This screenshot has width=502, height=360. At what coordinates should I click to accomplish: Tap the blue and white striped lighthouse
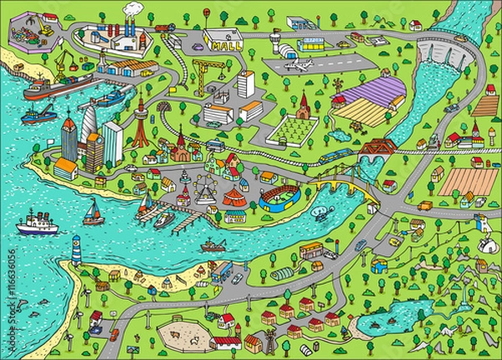(x=76, y=248)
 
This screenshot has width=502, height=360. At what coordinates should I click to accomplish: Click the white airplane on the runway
(x=297, y=64)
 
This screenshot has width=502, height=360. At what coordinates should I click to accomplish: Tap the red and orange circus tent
(x=233, y=198)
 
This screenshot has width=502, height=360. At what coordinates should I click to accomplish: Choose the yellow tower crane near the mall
(x=202, y=72)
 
